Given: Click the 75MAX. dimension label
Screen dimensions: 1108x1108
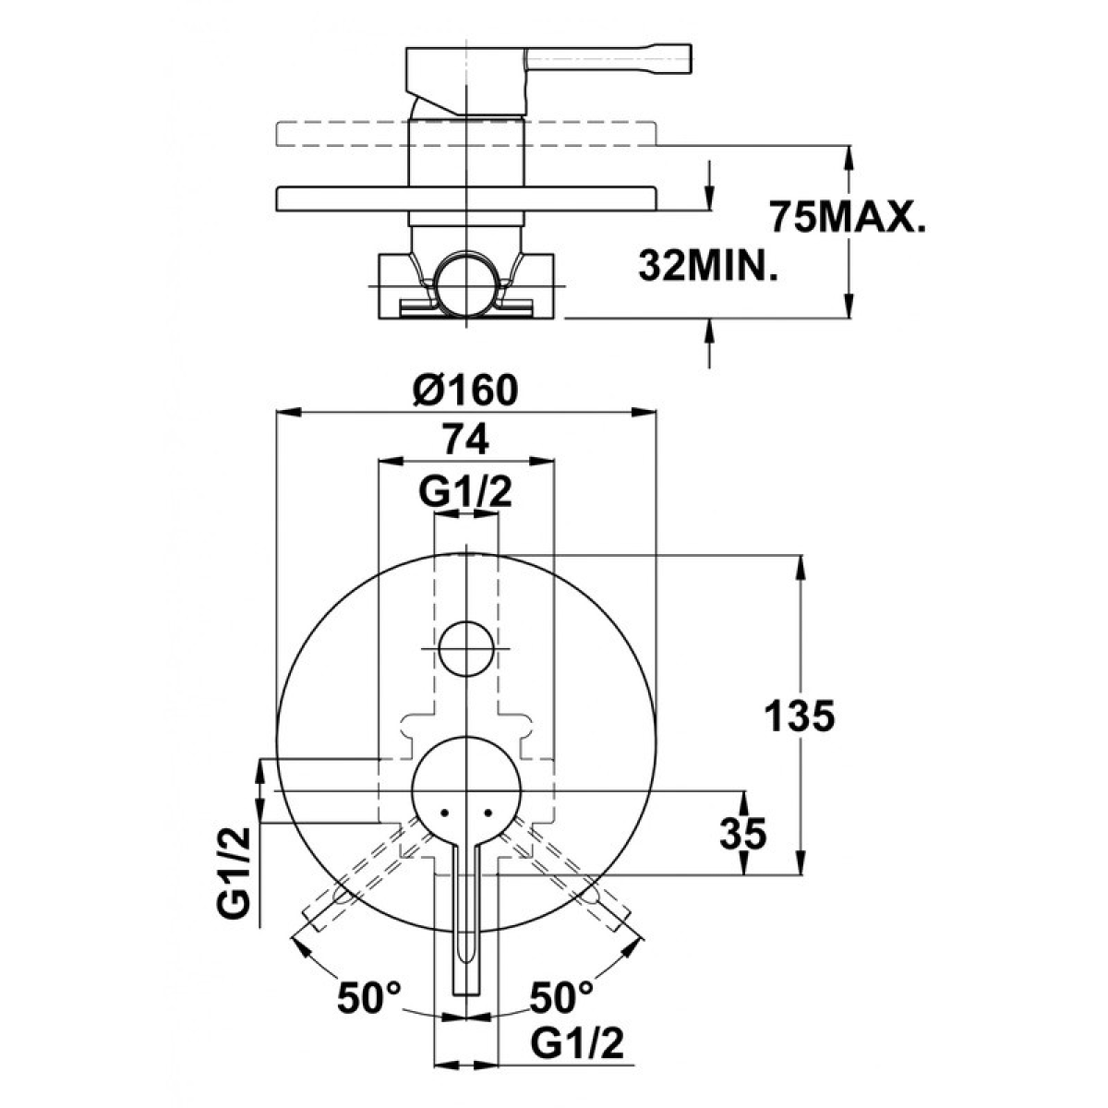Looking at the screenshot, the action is point(848,217).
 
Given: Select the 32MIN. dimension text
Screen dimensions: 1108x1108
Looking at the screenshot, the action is point(708,266).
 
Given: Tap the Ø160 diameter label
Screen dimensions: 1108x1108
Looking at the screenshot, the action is point(465,390).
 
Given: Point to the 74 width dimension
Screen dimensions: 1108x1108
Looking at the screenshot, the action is point(465,440).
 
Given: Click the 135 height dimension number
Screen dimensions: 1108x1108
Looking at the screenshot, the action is point(800,717).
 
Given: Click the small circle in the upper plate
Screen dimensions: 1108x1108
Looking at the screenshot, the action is point(466,648).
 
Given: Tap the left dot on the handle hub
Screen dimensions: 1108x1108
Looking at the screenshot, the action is point(444,813).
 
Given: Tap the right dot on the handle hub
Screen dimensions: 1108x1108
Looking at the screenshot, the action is point(488,813).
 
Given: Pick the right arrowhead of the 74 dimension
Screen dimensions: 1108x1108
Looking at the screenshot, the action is point(542,461).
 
